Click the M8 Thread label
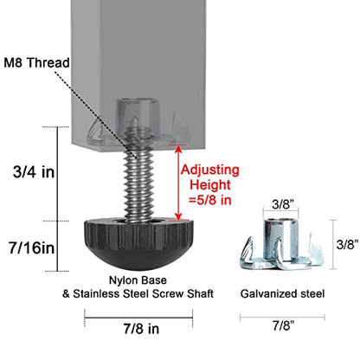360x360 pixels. coord(36,63)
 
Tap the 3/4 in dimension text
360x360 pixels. coord(34,172)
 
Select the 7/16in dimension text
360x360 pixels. coord(31,247)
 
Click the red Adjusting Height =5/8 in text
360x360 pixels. coord(210,184)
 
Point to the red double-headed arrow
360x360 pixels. coord(178,183)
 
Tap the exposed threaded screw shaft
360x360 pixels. coord(137,184)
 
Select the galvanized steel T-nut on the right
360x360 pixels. coord(282,244)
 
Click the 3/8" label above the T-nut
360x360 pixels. coord(283,205)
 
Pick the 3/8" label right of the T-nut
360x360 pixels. coord(348,245)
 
